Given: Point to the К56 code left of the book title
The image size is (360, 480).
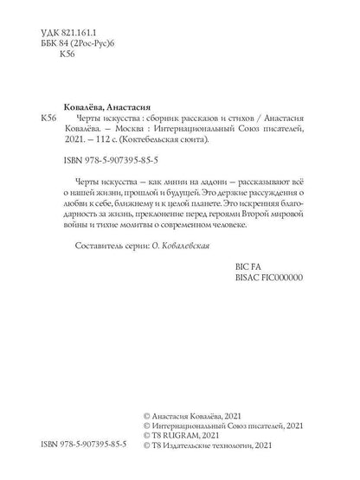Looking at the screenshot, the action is (40, 115).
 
